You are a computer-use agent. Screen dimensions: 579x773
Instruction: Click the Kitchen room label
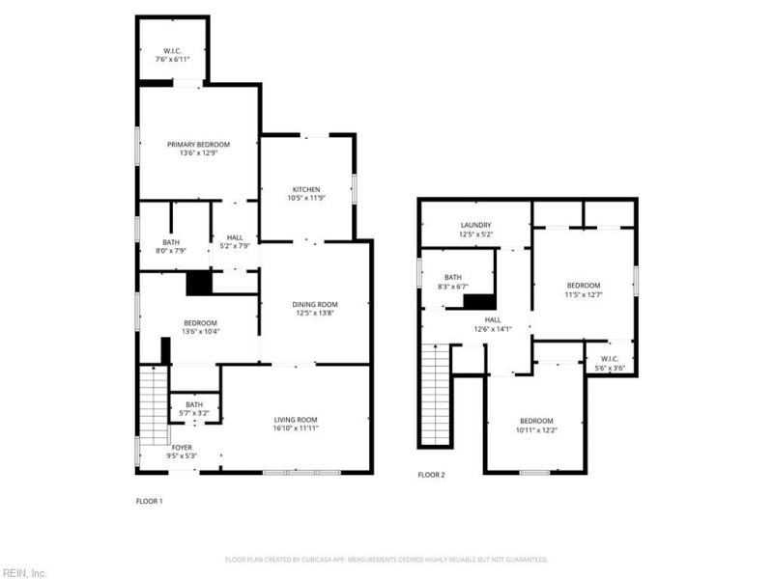(306, 189)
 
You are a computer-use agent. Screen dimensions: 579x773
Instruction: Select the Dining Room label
(315, 305)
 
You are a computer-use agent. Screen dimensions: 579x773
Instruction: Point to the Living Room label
(295, 419)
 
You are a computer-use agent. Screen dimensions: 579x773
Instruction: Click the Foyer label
(182, 447)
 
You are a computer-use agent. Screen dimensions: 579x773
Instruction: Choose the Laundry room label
(474, 225)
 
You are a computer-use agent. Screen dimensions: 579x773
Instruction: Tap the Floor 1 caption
(149, 501)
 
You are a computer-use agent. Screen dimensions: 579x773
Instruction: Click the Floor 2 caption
(431, 475)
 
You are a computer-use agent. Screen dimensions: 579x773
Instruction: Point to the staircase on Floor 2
(436, 396)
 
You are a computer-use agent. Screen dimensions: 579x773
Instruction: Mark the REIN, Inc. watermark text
(23, 572)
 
